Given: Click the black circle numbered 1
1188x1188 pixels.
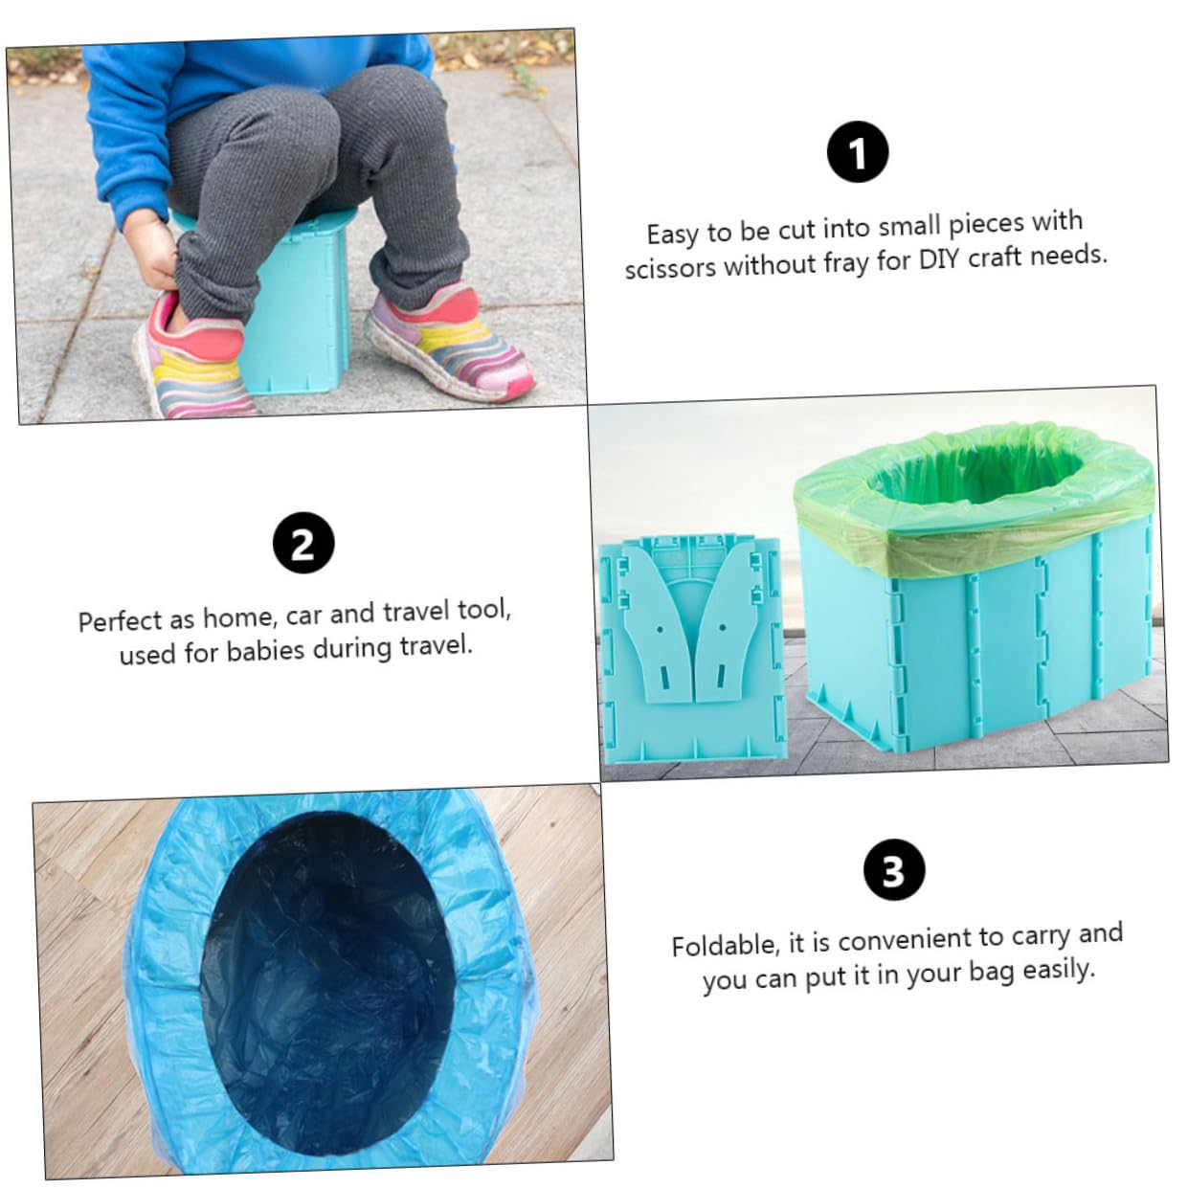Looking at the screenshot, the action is pos(858,151).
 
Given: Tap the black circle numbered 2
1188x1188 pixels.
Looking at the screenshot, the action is pos(303,543).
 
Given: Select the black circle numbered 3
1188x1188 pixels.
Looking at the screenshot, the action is pos(894,869).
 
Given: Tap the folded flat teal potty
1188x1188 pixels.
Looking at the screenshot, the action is pos(693,648).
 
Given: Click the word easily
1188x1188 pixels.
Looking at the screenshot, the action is pos(1059,970).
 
